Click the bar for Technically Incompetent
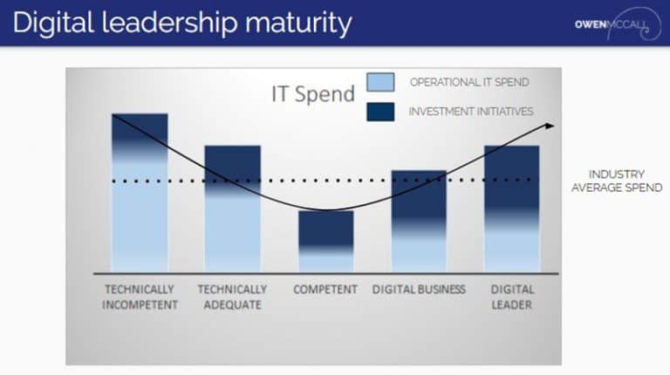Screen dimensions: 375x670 (140, 192)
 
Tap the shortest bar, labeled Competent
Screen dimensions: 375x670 (325, 241)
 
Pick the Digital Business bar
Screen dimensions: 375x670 (419, 221)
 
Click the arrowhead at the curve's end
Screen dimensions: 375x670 (550, 126)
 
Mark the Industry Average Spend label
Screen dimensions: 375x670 (616, 181)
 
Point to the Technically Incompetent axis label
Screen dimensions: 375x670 (140, 297)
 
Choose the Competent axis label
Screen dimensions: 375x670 (325, 290)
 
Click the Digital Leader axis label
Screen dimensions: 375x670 (511, 297)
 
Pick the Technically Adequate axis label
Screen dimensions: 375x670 (232, 297)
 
